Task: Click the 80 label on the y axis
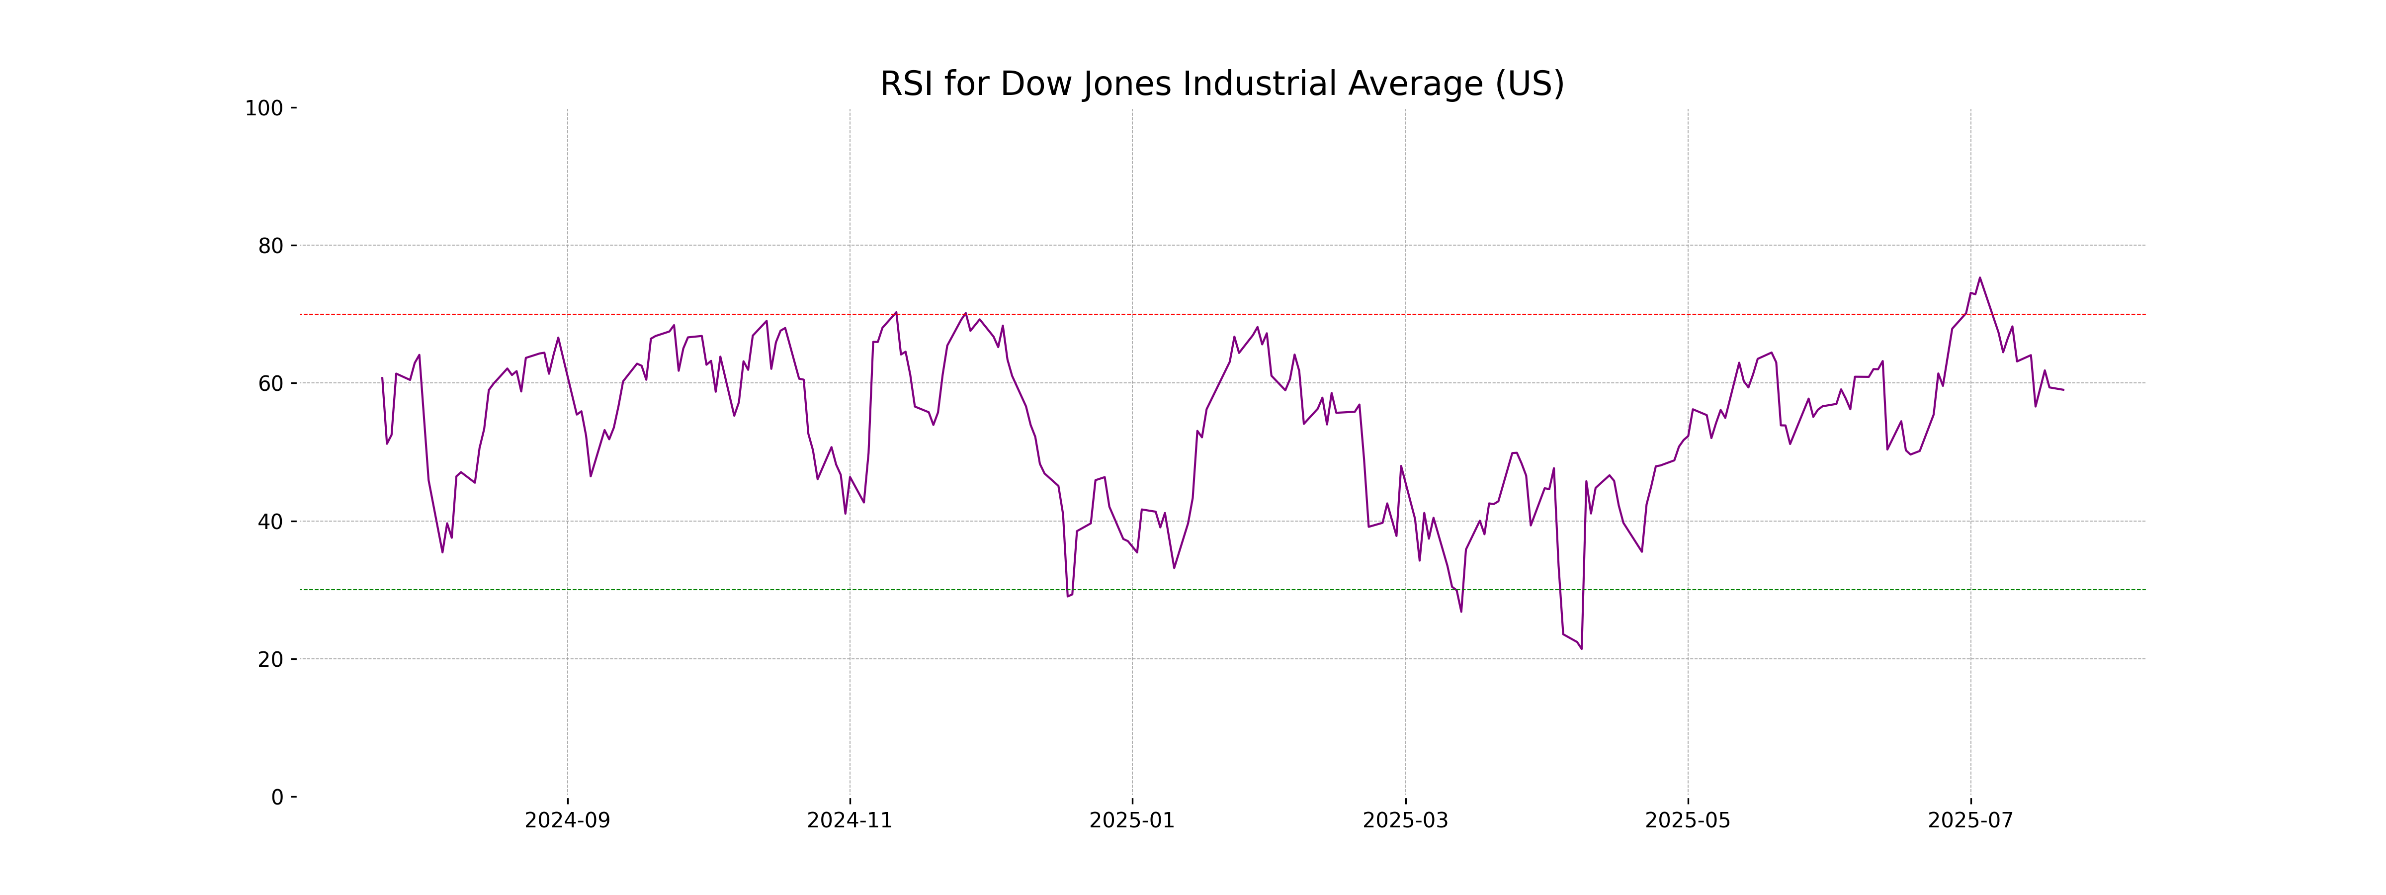point(270,247)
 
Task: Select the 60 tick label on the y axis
point(270,383)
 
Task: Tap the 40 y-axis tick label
point(270,522)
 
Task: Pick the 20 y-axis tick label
point(270,660)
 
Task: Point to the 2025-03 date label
point(1405,821)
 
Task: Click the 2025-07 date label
point(1970,821)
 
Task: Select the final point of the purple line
point(2063,390)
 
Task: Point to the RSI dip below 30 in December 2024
point(1067,596)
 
